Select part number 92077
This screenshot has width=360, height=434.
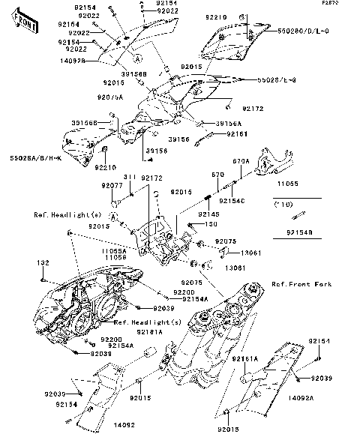[x=112, y=184]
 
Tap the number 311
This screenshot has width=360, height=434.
[x=129, y=177]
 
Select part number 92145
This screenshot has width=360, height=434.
[x=208, y=214]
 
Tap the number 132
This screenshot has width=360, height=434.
[x=43, y=264]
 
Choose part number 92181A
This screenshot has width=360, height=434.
[x=150, y=329]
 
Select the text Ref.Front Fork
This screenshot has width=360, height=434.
[x=301, y=284]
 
